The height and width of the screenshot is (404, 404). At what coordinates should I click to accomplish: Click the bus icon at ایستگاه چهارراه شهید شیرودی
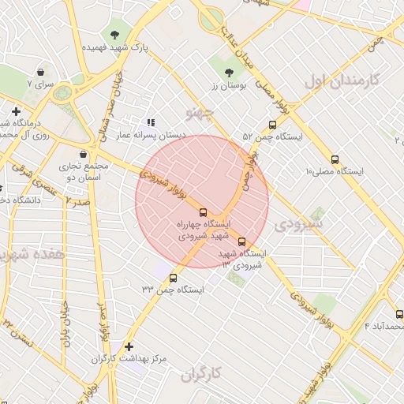[204, 212]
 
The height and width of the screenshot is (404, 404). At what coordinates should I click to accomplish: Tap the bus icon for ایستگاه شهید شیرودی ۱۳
[241, 242]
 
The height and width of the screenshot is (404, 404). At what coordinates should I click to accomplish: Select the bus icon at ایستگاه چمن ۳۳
[174, 277]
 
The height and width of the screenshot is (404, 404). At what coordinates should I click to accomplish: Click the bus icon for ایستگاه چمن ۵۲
[272, 125]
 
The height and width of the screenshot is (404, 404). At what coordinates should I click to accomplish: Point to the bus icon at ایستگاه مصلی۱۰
[335, 159]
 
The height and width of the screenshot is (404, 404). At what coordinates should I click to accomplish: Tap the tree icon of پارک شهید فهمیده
[116, 35]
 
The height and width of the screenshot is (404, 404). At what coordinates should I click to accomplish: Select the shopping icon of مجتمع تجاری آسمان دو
[84, 154]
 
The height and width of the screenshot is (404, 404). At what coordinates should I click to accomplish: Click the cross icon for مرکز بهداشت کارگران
[129, 346]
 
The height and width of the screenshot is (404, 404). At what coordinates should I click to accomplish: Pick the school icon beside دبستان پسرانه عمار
[150, 122]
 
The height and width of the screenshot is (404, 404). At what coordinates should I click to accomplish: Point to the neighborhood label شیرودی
[297, 225]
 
